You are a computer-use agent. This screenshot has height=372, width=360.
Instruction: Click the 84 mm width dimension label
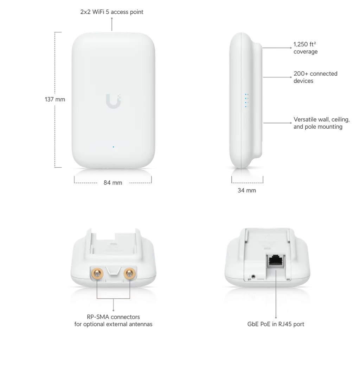[113, 183]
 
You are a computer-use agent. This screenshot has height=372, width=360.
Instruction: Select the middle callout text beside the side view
[314, 77]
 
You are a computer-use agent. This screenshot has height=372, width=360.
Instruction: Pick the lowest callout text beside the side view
[321, 123]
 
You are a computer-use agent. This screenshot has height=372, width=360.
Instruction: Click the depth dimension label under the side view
[247, 191]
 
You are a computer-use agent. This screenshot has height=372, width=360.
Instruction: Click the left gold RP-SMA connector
[97, 273]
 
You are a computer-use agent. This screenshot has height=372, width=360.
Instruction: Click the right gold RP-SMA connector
[129, 273]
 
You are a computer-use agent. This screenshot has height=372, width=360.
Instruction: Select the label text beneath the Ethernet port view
[276, 324]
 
